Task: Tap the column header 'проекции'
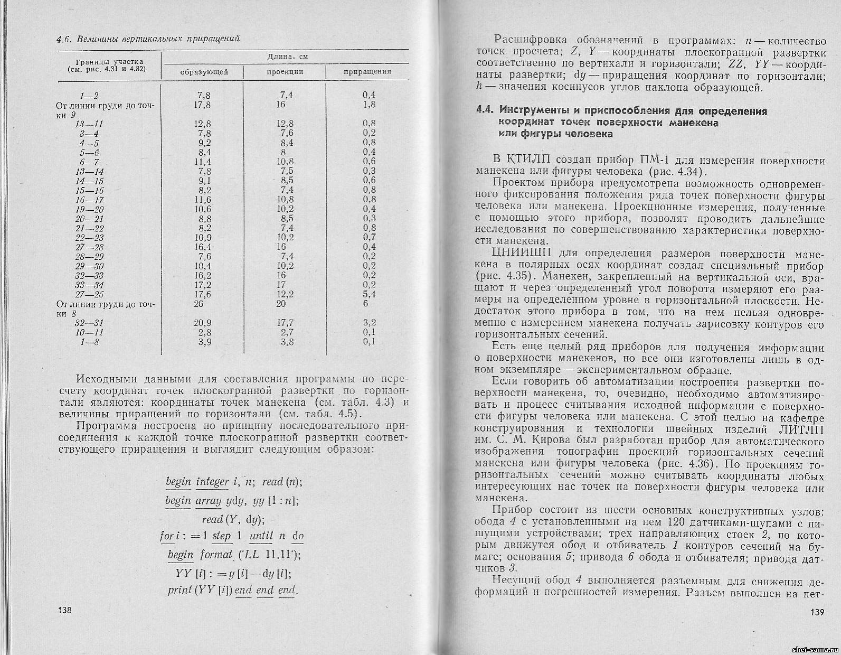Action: pyautogui.click(x=285, y=71)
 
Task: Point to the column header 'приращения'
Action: pyautogui.click(x=367, y=71)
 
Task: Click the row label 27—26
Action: pyautogui.click(x=89, y=294)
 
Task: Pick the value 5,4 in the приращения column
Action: pyautogui.click(x=369, y=294)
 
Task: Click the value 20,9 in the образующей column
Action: pyautogui.click(x=203, y=323)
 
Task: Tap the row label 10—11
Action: pyautogui.click(x=89, y=332)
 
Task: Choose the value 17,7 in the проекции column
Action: pyautogui.click(x=285, y=323)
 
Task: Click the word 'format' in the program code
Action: pyautogui.click(x=216, y=555)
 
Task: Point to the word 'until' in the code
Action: pyautogui.click(x=261, y=536)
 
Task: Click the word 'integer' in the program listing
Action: pyautogui.click(x=212, y=482)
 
